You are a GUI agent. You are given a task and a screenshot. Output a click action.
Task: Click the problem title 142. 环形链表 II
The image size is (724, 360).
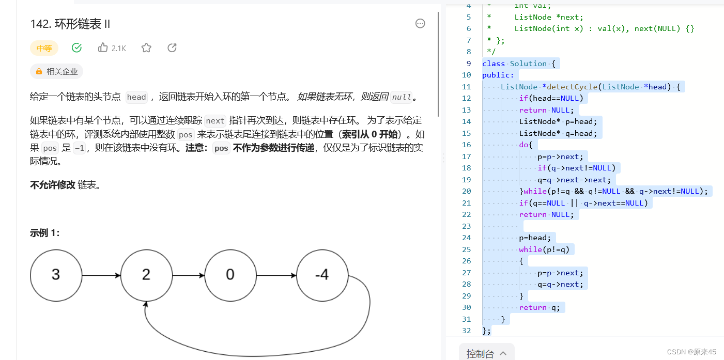(70, 24)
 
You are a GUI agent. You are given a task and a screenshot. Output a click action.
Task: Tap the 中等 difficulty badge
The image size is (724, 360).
(44, 49)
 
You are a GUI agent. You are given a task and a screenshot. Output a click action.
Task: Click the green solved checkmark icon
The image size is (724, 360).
(76, 48)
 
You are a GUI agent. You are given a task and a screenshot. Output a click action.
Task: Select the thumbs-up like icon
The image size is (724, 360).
(103, 48)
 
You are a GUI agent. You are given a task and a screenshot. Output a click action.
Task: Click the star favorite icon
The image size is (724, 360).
(146, 48)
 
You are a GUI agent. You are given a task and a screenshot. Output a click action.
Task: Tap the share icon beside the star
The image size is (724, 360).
(172, 48)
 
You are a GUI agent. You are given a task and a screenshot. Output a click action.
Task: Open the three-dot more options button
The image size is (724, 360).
(420, 23)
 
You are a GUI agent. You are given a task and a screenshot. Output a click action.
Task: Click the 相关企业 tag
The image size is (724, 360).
(57, 72)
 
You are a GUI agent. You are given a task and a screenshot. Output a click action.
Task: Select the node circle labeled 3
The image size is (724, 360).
(56, 275)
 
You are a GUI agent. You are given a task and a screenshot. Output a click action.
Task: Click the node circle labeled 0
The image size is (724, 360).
(230, 275)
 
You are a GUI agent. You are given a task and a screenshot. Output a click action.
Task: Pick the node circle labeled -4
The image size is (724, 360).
(322, 275)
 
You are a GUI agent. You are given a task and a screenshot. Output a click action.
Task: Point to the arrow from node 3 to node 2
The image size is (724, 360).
(101, 275)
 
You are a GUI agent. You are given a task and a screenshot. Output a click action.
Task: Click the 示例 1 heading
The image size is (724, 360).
(45, 233)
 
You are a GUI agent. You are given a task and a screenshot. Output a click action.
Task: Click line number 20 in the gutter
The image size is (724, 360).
(466, 191)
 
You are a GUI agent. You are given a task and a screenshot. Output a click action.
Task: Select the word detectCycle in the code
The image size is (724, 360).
(573, 87)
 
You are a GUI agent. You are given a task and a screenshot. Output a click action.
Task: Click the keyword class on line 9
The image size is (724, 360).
(493, 64)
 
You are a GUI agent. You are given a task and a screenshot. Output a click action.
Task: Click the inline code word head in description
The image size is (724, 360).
(136, 97)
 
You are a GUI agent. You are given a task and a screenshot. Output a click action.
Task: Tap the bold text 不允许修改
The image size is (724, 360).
(53, 185)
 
